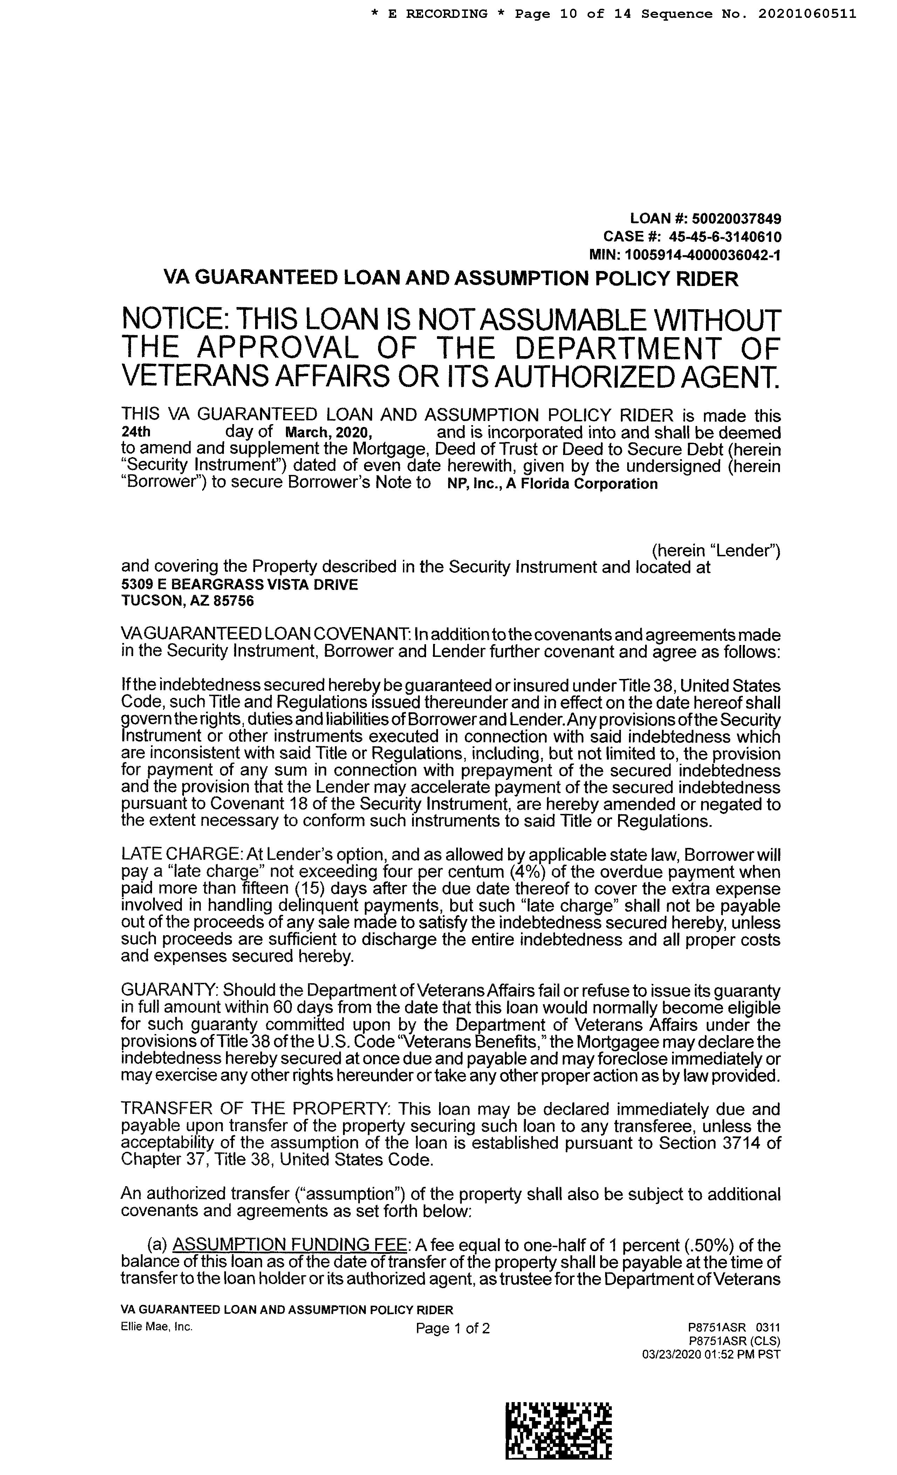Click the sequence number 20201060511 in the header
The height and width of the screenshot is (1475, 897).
[x=807, y=14]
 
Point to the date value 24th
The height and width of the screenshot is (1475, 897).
[x=136, y=432]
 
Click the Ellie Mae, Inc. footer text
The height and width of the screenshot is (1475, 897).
[x=157, y=1326]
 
